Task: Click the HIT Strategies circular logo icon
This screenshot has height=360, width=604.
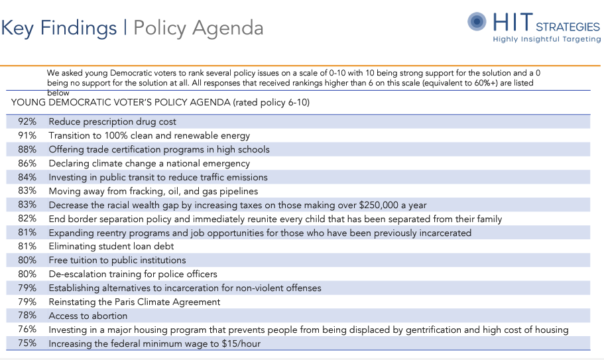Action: click(477, 22)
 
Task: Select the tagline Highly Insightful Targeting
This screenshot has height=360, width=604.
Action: click(546, 39)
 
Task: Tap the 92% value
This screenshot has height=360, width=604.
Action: click(27, 122)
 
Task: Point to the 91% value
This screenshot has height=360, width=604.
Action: click(27, 136)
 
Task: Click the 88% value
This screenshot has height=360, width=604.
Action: click(27, 150)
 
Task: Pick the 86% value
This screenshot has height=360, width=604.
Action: click(27, 163)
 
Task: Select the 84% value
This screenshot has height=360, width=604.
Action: click(27, 177)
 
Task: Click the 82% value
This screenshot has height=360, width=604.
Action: click(27, 219)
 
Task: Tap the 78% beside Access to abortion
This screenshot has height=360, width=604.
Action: click(27, 316)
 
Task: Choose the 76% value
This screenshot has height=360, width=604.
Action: click(27, 330)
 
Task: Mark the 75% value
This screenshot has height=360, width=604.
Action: click(27, 343)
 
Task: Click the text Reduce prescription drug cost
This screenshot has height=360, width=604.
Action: click(112, 122)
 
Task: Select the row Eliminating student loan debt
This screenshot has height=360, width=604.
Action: click(111, 247)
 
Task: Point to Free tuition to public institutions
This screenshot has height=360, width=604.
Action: click(117, 261)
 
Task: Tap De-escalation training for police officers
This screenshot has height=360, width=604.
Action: click(133, 274)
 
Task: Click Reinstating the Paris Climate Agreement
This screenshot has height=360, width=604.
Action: click(135, 302)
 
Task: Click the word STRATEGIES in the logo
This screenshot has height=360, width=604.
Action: click(567, 27)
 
